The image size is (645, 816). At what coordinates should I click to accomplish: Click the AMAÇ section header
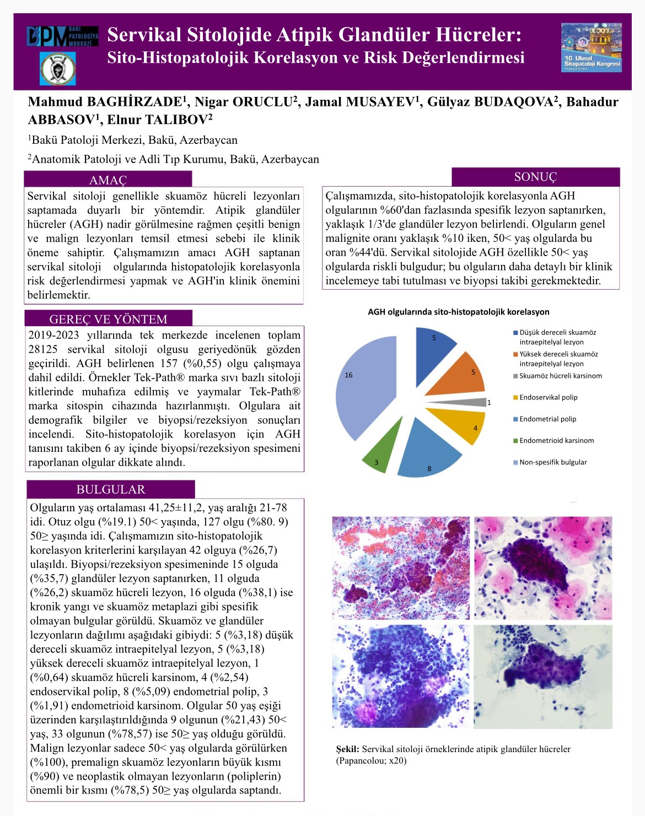pos(108,180)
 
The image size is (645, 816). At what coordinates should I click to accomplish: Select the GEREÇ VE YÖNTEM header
pos(108,319)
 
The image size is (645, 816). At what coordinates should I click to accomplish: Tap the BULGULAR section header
pos(111,489)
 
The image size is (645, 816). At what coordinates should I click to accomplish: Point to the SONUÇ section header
pos(535,177)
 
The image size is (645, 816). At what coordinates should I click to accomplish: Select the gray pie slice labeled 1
pos(477,402)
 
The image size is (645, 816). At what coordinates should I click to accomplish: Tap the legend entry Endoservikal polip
pos(548,397)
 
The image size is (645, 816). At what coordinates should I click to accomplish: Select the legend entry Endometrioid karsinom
pos(556,440)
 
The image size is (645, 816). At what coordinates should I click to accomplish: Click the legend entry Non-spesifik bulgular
pos(553,462)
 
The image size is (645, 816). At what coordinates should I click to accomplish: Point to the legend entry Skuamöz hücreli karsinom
pos(560,376)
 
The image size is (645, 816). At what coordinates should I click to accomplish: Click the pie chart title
pos(459,312)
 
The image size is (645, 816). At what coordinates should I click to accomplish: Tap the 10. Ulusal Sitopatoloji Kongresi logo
pos(592,47)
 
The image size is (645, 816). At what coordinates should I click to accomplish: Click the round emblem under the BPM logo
pos(58,68)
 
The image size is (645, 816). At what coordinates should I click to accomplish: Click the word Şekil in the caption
pos(348,749)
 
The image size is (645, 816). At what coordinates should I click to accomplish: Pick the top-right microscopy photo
pos(543,568)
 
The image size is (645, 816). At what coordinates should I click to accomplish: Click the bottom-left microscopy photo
pos(401,677)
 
